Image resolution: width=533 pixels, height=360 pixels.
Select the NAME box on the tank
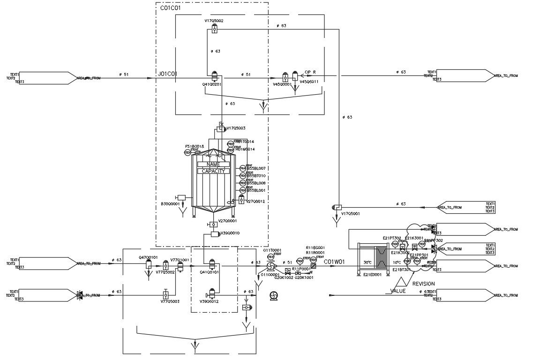tap(213, 164)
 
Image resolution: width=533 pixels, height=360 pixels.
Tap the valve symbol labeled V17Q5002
tap(214, 30)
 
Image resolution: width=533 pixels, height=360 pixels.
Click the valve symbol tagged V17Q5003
tap(221, 128)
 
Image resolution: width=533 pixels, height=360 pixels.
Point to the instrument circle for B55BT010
tap(243, 176)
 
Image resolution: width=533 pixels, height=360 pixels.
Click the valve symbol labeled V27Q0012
tap(241, 200)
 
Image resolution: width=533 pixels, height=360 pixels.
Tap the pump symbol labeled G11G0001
tap(270, 266)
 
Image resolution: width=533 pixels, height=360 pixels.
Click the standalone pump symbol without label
tap(274, 295)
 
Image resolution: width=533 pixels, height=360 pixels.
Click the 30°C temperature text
tap(368, 262)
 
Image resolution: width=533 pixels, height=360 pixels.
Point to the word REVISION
tap(423, 284)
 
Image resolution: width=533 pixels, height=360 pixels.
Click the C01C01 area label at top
tap(170, 8)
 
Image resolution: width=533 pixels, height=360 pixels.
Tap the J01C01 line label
tap(167, 74)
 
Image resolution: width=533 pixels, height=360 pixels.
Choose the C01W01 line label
tap(334, 262)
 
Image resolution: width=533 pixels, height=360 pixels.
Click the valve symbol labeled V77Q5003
tap(165, 295)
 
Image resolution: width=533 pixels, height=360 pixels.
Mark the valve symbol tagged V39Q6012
tap(212, 294)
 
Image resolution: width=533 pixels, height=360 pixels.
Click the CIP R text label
tap(310, 72)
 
